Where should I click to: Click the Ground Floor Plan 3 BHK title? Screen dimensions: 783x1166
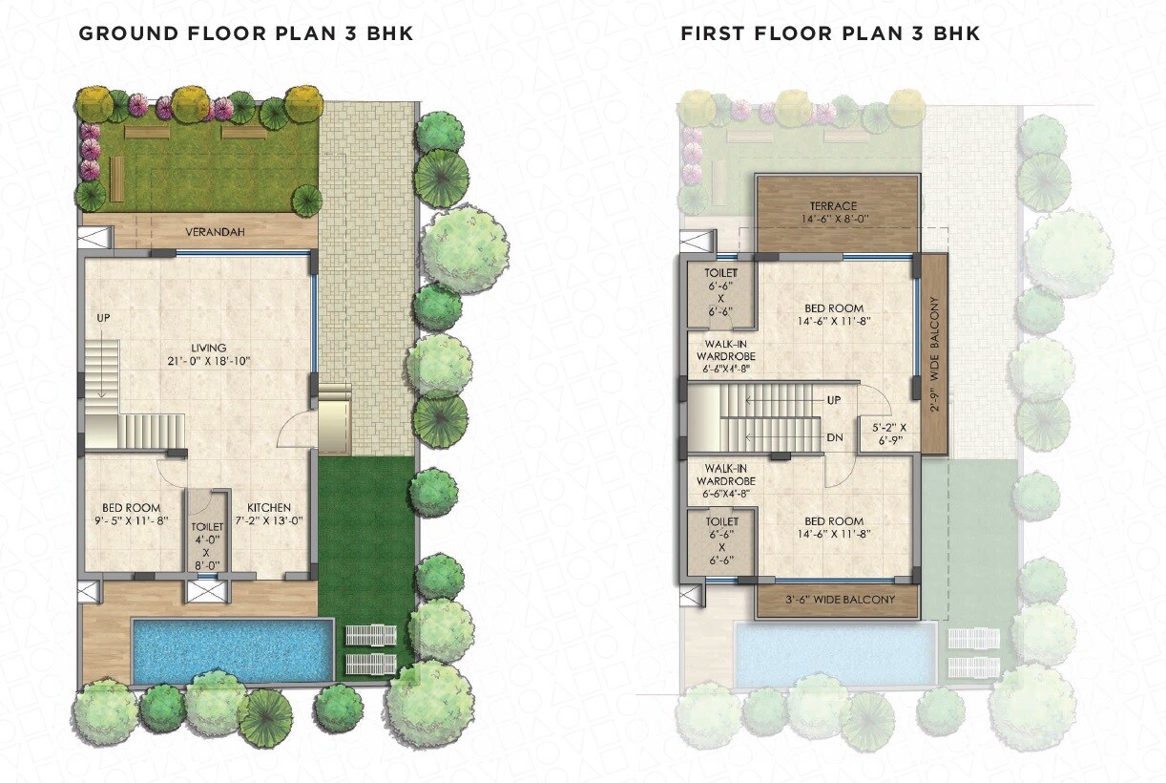coord(245,33)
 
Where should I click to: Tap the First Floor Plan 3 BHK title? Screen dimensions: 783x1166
coord(829,33)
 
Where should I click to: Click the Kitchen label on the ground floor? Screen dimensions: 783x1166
coord(269,507)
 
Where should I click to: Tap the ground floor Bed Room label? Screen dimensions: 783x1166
coord(131,507)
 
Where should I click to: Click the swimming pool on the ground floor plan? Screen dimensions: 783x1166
coord(233,650)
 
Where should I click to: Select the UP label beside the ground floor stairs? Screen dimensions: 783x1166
coord(103,318)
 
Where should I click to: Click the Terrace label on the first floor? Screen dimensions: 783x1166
coord(833,206)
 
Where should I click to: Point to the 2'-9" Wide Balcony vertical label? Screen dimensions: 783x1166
coord(934,353)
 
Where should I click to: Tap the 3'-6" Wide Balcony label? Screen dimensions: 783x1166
coord(839,600)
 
